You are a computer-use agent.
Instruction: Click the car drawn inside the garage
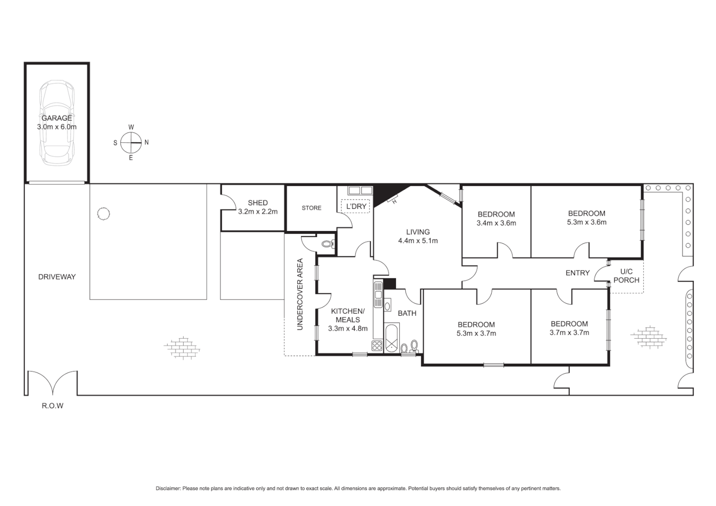tap(57, 123)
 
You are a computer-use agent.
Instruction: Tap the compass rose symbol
tap(131, 142)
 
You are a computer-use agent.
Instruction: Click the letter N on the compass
tap(147, 142)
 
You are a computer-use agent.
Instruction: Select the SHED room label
tap(258, 203)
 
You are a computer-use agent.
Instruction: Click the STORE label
tap(312, 208)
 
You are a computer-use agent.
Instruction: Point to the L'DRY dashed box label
tap(357, 206)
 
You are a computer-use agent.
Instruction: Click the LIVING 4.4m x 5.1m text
tap(418, 237)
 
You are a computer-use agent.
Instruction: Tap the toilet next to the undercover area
tap(328, 244)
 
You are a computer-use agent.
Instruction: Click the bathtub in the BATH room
tap(391, 339)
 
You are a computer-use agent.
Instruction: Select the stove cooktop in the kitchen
tap(377, 346)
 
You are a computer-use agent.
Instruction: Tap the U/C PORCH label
tap(626, 276)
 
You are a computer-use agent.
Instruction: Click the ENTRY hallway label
tap(577, 273)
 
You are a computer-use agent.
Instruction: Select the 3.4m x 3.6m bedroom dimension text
tap(496, 223)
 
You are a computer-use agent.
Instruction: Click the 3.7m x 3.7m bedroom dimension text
tap(569, 333)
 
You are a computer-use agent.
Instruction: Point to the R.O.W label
tap(52, 406)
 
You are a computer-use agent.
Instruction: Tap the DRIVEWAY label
tap(57, 277)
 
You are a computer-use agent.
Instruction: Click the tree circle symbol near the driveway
tap(103, 214)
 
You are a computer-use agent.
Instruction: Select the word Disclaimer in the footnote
tap(168, 489)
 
